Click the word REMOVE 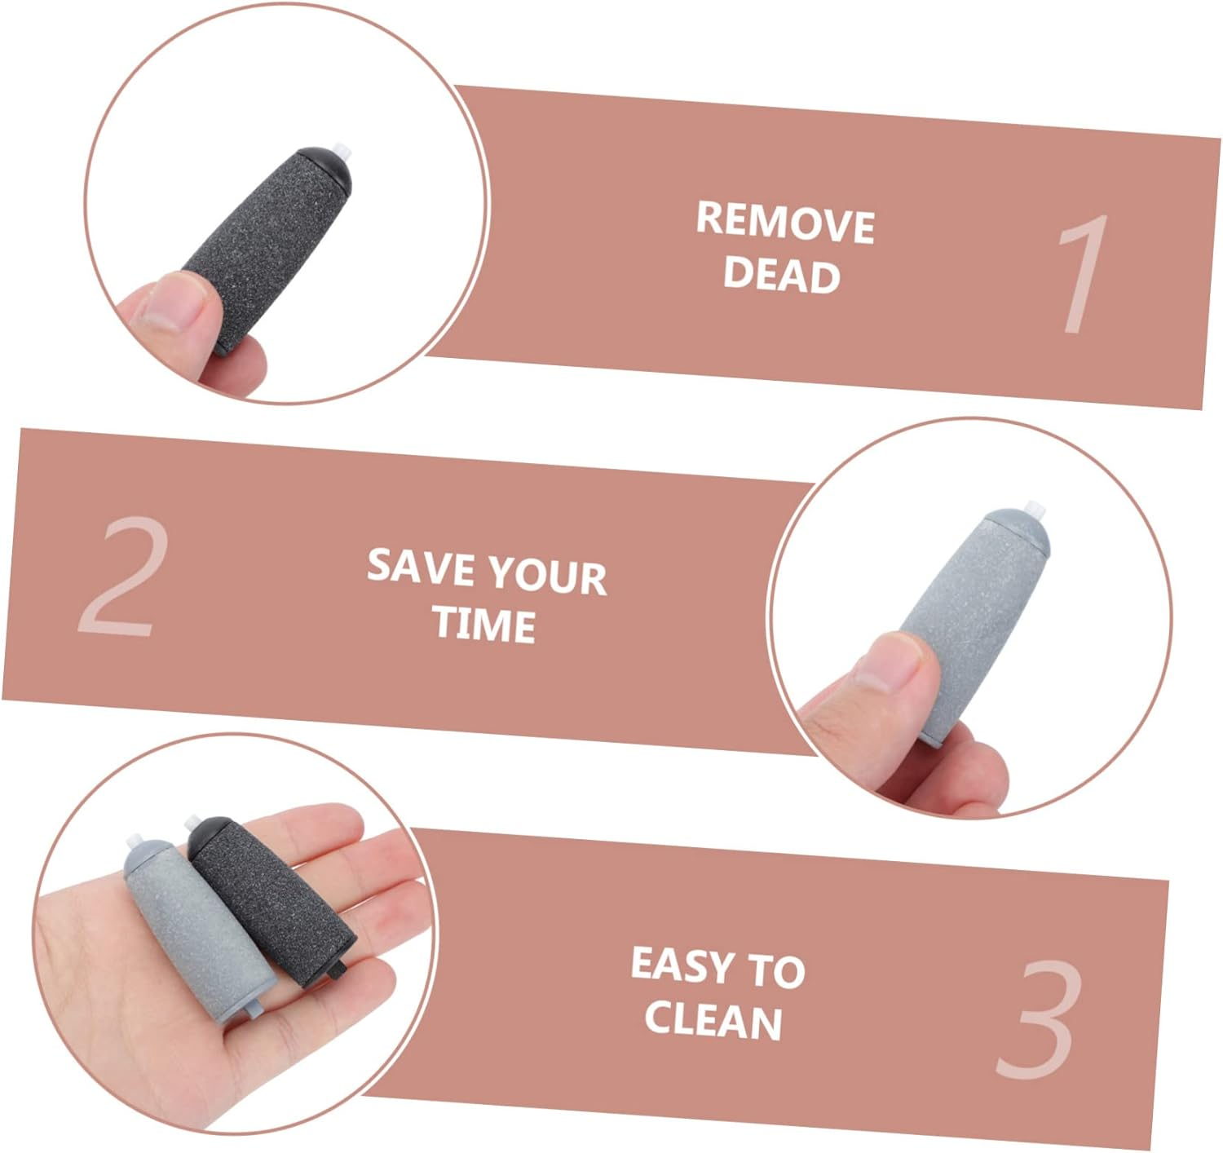[785, 223]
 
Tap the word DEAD [781, 275]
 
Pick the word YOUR [549, 576]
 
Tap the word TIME [484, 625]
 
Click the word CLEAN [713, 1021]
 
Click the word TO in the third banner [776, 970]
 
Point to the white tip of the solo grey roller [1035, 510]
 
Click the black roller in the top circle [267, 249]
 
